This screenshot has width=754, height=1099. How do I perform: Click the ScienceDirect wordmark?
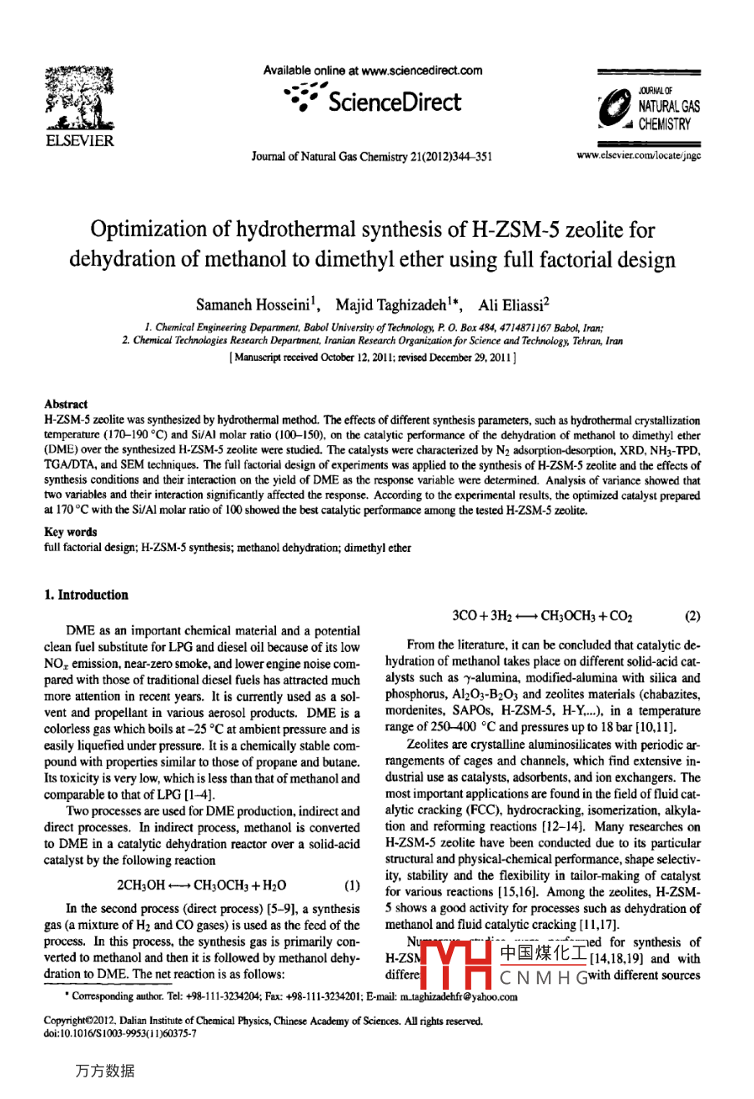pos(395,103)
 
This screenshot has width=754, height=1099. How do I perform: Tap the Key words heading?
pos(70,531)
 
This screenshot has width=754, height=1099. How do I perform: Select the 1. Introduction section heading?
pos(86,595)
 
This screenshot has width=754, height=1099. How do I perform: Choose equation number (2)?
pos(691,616)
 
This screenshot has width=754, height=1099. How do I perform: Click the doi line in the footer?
pos(120,1033)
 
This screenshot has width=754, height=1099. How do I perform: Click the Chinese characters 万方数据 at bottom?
pos(105,1071)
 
